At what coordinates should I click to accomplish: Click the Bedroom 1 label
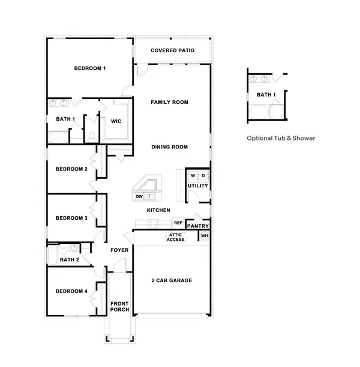pos(90,68)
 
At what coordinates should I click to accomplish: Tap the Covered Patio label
pos(172,50)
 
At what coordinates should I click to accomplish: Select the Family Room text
pos(169,103)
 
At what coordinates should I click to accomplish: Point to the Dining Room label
pos(170,147)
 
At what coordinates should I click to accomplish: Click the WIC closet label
pos(116,121)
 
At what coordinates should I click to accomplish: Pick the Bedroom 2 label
pos(71,169)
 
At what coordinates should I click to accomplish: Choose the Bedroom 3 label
pos(71,218)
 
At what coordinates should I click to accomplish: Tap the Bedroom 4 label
pos(71,291)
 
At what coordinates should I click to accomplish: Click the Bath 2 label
pos(70,260)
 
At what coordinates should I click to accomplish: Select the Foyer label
pos(119,250)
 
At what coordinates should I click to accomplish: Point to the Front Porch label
pos(119,307)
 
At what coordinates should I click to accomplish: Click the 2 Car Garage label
pos(172,281)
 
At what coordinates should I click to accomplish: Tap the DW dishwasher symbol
pos(139,196)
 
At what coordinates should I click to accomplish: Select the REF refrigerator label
pos(178,222)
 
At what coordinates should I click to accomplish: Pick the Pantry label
pos(197,226)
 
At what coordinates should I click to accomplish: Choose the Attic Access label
pos(175,237)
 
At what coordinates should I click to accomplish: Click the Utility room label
pos(198,186)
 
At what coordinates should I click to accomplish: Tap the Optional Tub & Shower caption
pos(281,138)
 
